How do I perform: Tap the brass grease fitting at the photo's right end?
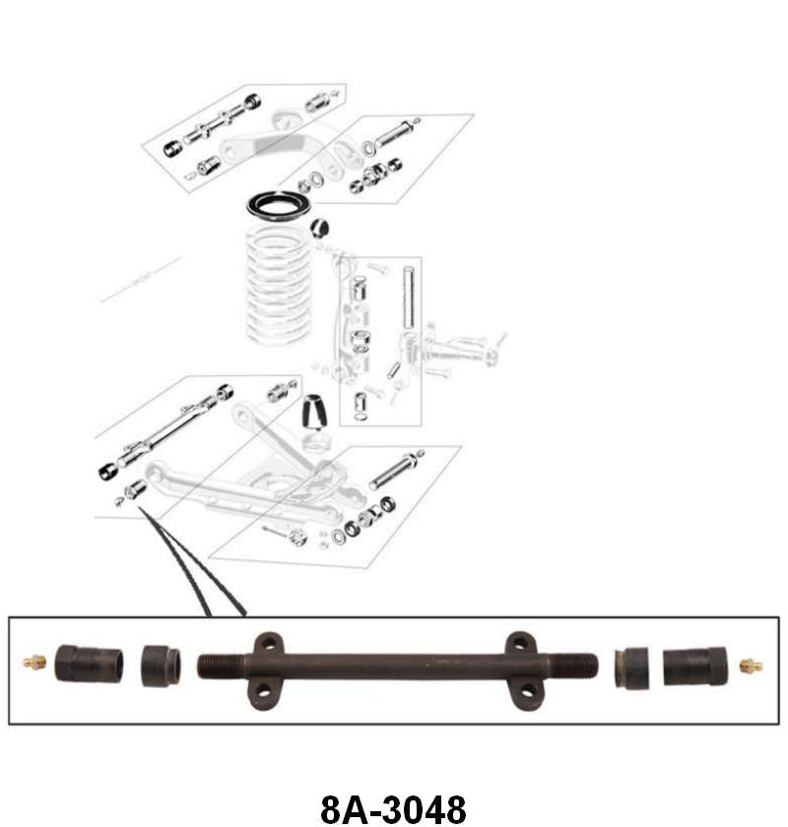(751, 667)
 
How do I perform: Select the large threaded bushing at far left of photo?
(89, 664)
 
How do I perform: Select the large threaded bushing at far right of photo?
(694, 667)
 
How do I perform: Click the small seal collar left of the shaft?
(161, 665)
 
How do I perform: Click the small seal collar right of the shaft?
(631, 668)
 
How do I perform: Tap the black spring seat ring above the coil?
(279, 205)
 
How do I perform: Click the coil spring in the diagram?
(279, 286)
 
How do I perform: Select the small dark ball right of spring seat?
(320, 228)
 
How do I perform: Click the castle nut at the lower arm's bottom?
(297, 538)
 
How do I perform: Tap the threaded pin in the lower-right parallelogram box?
(396, 470)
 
